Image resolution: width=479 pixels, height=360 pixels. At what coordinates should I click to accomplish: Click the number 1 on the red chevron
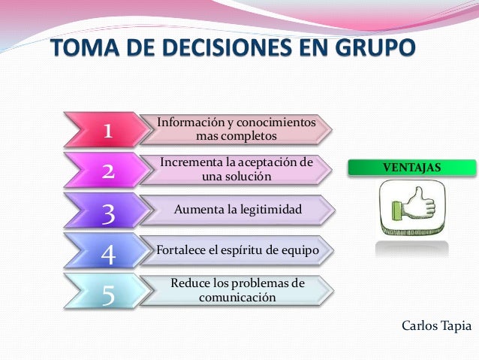click(x=107, y=132)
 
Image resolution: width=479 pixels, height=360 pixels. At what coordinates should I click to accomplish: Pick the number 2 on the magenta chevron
click(x=107, y=172)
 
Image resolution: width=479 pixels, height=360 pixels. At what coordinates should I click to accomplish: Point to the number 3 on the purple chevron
click(x=107, y=215)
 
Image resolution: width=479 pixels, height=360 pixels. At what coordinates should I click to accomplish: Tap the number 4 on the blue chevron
click(x=107, y=256)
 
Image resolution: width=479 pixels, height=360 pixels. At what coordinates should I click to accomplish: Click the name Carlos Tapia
click(x=436, y=325)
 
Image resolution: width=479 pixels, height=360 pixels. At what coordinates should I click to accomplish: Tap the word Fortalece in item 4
click(x=181, y=250)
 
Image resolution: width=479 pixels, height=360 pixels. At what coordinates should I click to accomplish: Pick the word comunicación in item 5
click(x=237, y=298)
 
